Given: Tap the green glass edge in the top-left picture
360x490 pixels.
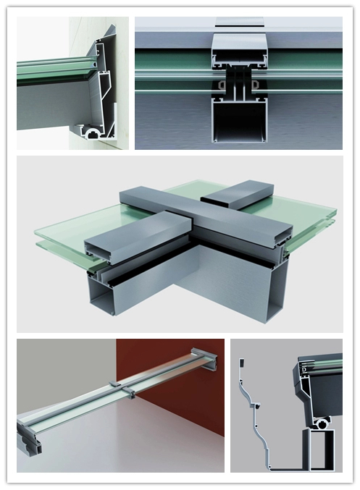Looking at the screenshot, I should pyautogui.click(x=51, y=71).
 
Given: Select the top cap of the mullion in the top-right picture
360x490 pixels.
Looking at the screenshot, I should pyautogui.click(x=238, y=46).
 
